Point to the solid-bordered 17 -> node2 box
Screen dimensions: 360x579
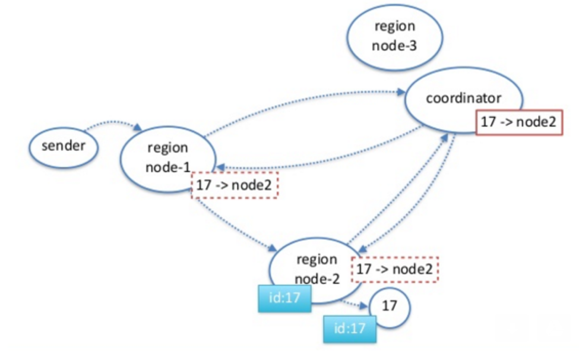518,122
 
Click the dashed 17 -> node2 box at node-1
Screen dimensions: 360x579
234,185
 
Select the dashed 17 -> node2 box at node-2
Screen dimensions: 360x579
395,269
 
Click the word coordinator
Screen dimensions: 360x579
463,98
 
